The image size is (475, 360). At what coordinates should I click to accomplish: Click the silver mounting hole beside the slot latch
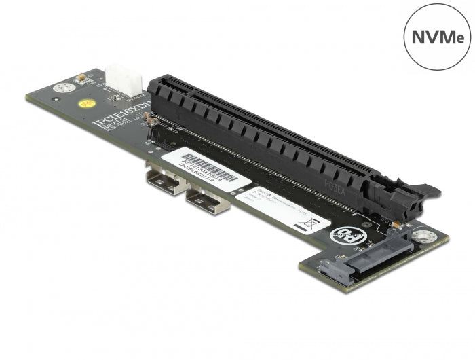[425, 236]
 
